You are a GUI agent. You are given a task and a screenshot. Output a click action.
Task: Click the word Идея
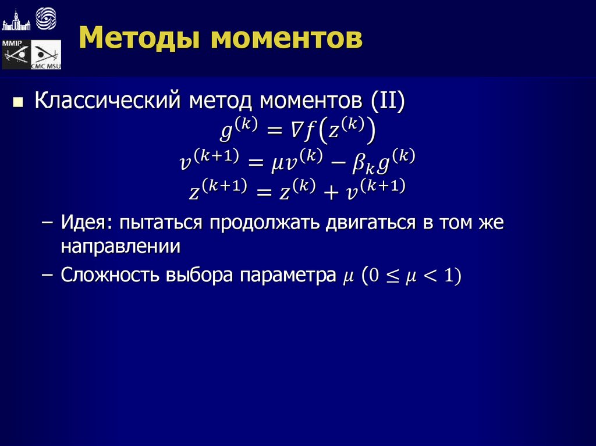[81, 224]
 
